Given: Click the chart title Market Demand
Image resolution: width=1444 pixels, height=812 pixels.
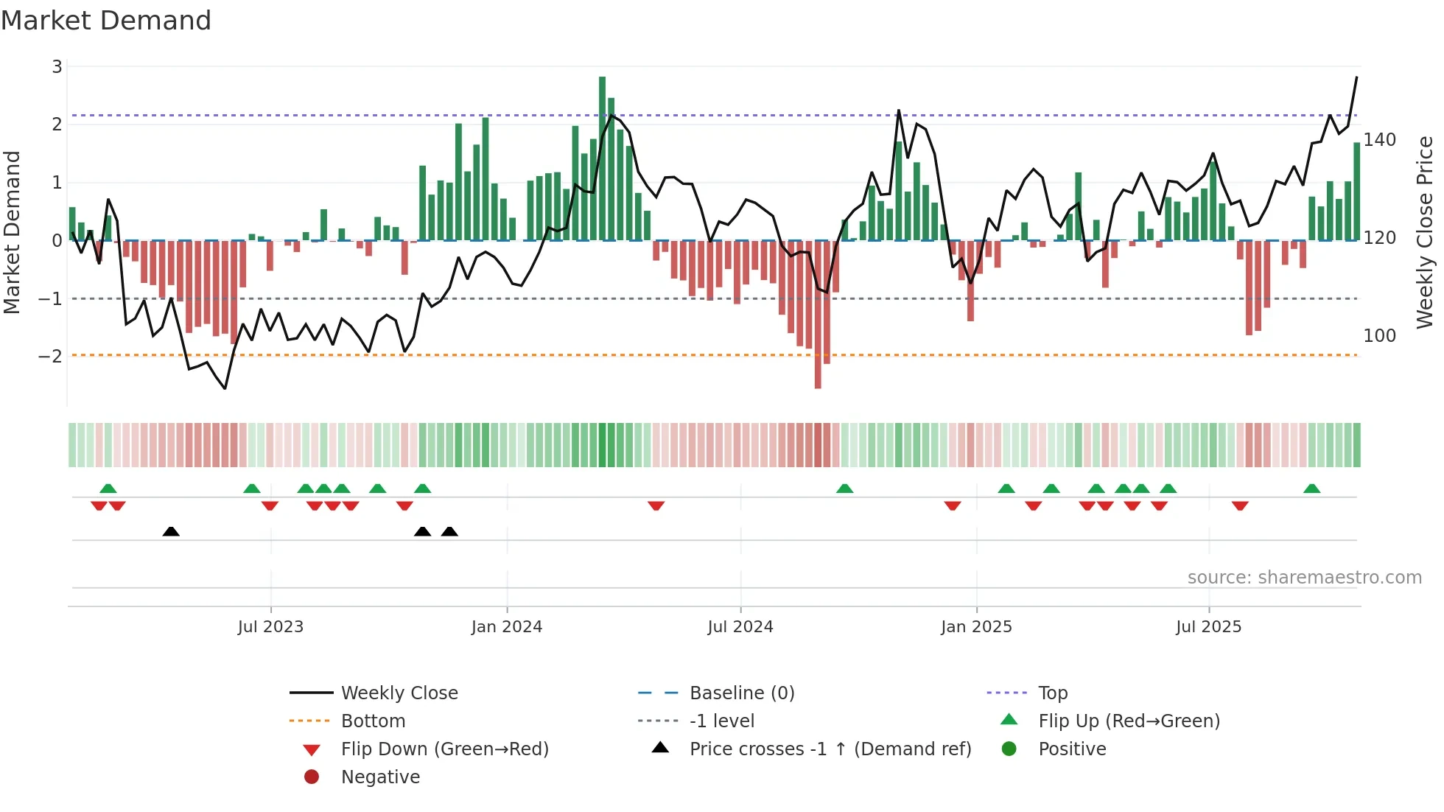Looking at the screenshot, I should point(106,21).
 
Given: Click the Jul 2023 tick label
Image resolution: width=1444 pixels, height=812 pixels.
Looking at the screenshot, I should point(270,627).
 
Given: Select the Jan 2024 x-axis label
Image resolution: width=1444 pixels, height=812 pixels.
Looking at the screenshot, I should point(507,627).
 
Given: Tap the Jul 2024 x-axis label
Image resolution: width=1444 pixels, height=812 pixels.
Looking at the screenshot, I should point(740,627).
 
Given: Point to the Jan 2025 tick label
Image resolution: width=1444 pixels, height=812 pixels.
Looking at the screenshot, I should point(976,627).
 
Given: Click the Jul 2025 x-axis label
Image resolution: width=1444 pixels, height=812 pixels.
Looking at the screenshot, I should point(1209,627).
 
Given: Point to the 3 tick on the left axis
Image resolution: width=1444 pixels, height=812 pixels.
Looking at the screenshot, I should point(57,67).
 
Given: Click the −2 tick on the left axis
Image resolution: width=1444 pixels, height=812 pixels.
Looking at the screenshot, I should point(51,357).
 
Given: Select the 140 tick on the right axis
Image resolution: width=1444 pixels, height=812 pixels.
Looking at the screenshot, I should point(1379,140).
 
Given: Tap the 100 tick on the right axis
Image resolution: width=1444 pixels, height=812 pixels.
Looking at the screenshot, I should point(1379,336).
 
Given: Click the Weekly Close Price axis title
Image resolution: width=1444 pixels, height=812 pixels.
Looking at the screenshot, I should point(1425,232).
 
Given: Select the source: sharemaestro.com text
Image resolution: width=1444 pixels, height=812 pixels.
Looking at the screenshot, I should point(1304,578).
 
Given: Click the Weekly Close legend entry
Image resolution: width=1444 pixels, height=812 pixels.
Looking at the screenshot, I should point(399,693).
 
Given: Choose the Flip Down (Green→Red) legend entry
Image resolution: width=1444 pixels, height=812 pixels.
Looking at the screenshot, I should point(444,749).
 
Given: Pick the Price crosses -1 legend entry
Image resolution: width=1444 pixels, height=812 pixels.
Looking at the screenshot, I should point(830,749).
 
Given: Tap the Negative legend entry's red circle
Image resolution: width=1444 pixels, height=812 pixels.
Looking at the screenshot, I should point(312,777).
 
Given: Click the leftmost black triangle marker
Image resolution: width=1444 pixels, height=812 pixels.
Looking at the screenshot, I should point(171,531).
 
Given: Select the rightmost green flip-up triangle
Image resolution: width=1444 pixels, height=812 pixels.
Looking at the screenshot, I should point(1311,489).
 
